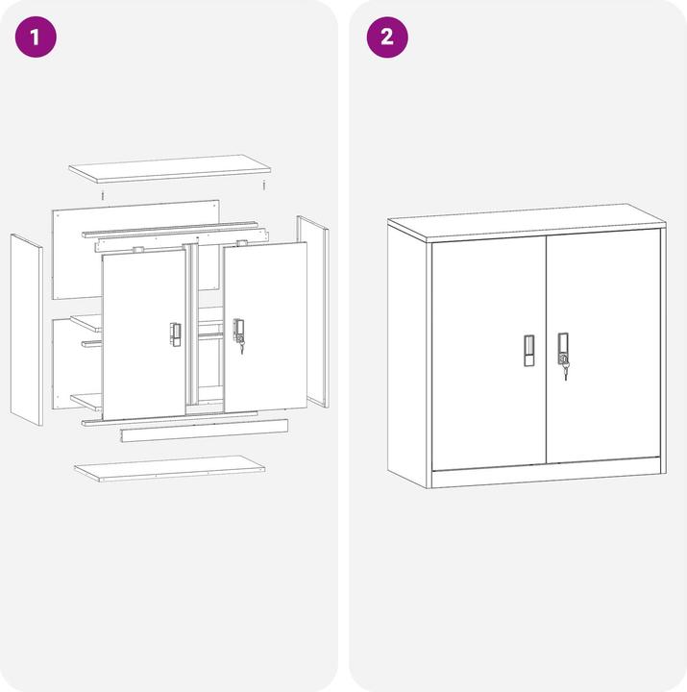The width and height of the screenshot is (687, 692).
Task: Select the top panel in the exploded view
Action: coord(169,168)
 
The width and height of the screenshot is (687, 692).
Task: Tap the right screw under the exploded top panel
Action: coord(263,185)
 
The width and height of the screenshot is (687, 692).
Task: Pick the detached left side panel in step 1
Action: coord(26,329)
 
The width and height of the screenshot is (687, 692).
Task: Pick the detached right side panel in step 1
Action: coord(312,309)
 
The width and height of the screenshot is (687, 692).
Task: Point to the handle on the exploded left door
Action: coord(175,332)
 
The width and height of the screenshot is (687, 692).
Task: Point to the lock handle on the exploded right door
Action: coord(238,332)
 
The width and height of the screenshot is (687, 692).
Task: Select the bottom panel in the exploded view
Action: coord(171,468)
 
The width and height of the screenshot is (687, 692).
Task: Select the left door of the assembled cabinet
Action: coord(488,351)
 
